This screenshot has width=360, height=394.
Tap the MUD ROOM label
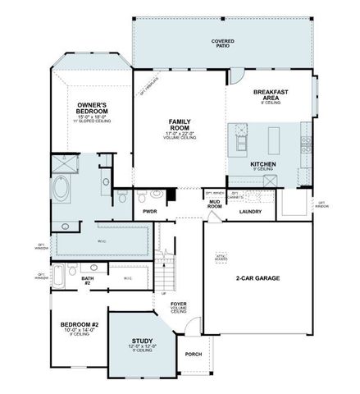point(215,205)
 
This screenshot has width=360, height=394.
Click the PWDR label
point(149,211)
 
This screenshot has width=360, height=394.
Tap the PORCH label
point(194,355)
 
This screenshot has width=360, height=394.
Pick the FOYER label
point(178,305)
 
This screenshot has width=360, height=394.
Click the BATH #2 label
point(88,280)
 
